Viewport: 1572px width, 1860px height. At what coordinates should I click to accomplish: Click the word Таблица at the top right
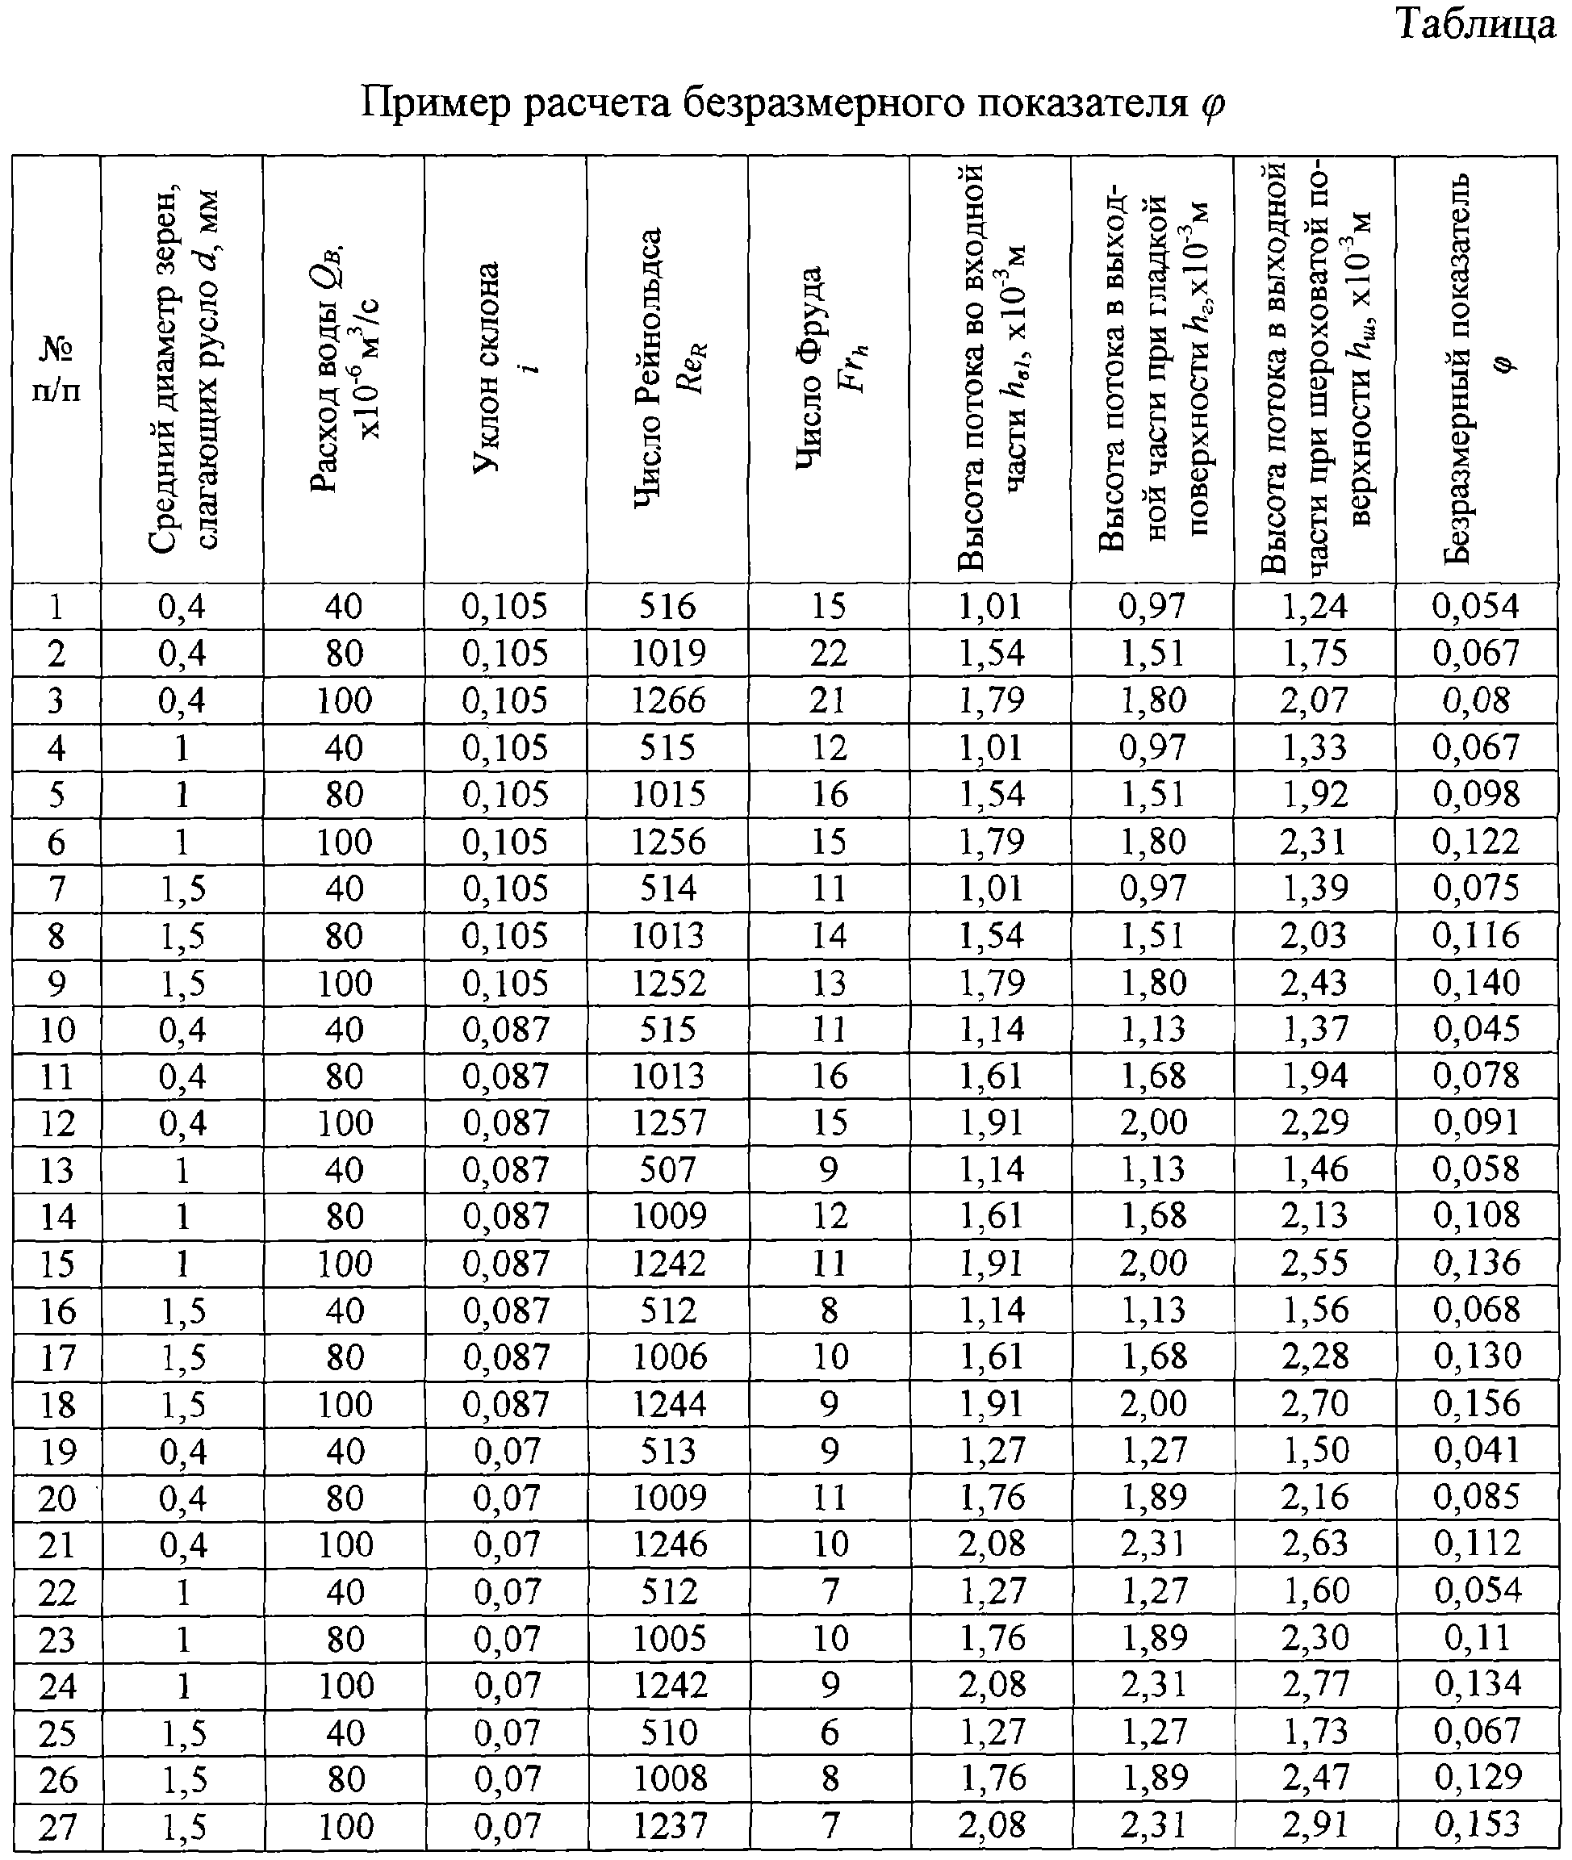(x=1476, y=24)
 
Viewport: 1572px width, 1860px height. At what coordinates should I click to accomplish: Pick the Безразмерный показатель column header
(x=1476, y=369)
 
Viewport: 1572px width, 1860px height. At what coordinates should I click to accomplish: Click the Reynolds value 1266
(x=668, y=700)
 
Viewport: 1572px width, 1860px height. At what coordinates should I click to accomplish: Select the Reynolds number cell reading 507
(x=667, y=1169)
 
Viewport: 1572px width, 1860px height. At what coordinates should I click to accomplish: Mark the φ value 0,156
(x=1477, y=1404)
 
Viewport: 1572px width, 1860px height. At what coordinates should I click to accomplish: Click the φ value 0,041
(x=1477, y=1451)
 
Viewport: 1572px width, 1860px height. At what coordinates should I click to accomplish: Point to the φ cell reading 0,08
(x=1477, y=700)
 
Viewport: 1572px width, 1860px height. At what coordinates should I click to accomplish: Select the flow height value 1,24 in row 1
(x=1315, y=607)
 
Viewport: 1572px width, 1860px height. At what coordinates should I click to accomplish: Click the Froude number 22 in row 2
(x=829, y=654)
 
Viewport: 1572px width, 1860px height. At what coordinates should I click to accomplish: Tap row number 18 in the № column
(x=57, y=1405)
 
